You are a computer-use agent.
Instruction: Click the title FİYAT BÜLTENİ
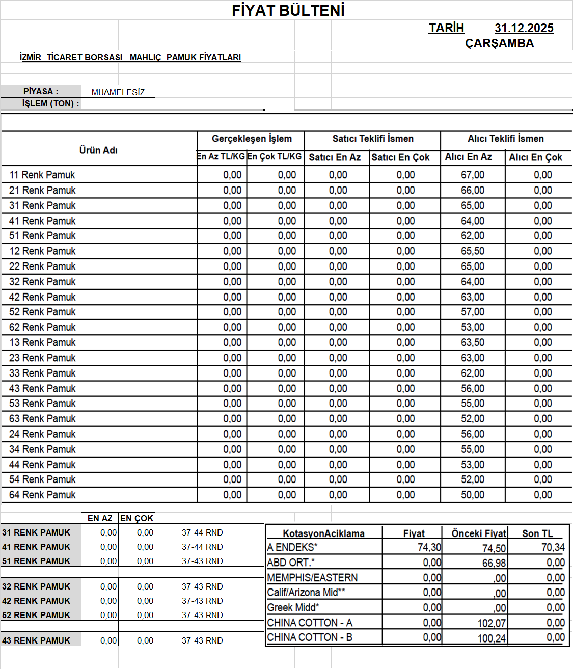(x=288, y=10)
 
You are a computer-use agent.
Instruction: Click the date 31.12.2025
(x=524, y=28)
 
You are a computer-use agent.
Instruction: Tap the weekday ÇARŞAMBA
(x=499, y=43)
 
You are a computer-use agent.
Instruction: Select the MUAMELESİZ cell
(x=118, y=92)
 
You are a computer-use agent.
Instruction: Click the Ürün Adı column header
(x=98, y=150)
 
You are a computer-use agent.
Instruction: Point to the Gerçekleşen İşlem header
(x=252, y=139)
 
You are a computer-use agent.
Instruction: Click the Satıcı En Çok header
(x=400, y=157)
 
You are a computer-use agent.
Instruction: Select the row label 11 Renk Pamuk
(x=42, y=175)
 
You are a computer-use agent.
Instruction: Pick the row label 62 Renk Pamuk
(x=42, y=327)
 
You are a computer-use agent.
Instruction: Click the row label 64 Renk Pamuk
(x=42, y=495)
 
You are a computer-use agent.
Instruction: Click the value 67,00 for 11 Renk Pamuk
(x=473, y=175)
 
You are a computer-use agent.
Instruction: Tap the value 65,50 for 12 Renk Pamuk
(x=473, y=251)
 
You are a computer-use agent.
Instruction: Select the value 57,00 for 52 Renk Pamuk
(x=473, y=312)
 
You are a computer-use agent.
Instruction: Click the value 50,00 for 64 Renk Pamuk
(x=473, y=495)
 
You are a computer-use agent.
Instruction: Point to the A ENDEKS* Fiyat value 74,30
(x=429, y=547)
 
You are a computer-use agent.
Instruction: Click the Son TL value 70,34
(x=553, y=547)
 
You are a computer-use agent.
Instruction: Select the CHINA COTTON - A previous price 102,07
(x=492, y=623)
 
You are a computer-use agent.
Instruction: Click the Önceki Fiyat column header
(x=479, y=533)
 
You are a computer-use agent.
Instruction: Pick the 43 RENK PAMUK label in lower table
(x=36, y=640)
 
